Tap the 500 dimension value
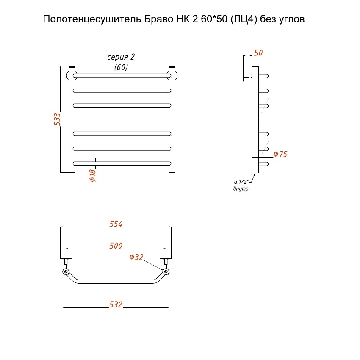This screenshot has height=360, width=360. [116, 246]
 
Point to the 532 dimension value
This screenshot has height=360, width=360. [116, 304]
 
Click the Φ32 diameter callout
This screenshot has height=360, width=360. [136, 257]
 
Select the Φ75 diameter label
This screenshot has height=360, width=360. [280, 154]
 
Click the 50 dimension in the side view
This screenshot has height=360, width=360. [258, 53]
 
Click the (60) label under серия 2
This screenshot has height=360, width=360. [121, 67]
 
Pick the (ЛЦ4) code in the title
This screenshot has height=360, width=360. [244, 19]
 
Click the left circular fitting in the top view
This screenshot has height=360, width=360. [66, 271]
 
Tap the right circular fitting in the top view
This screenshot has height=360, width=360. [166, 271]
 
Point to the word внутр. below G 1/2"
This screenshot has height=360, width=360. [241, 189]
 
